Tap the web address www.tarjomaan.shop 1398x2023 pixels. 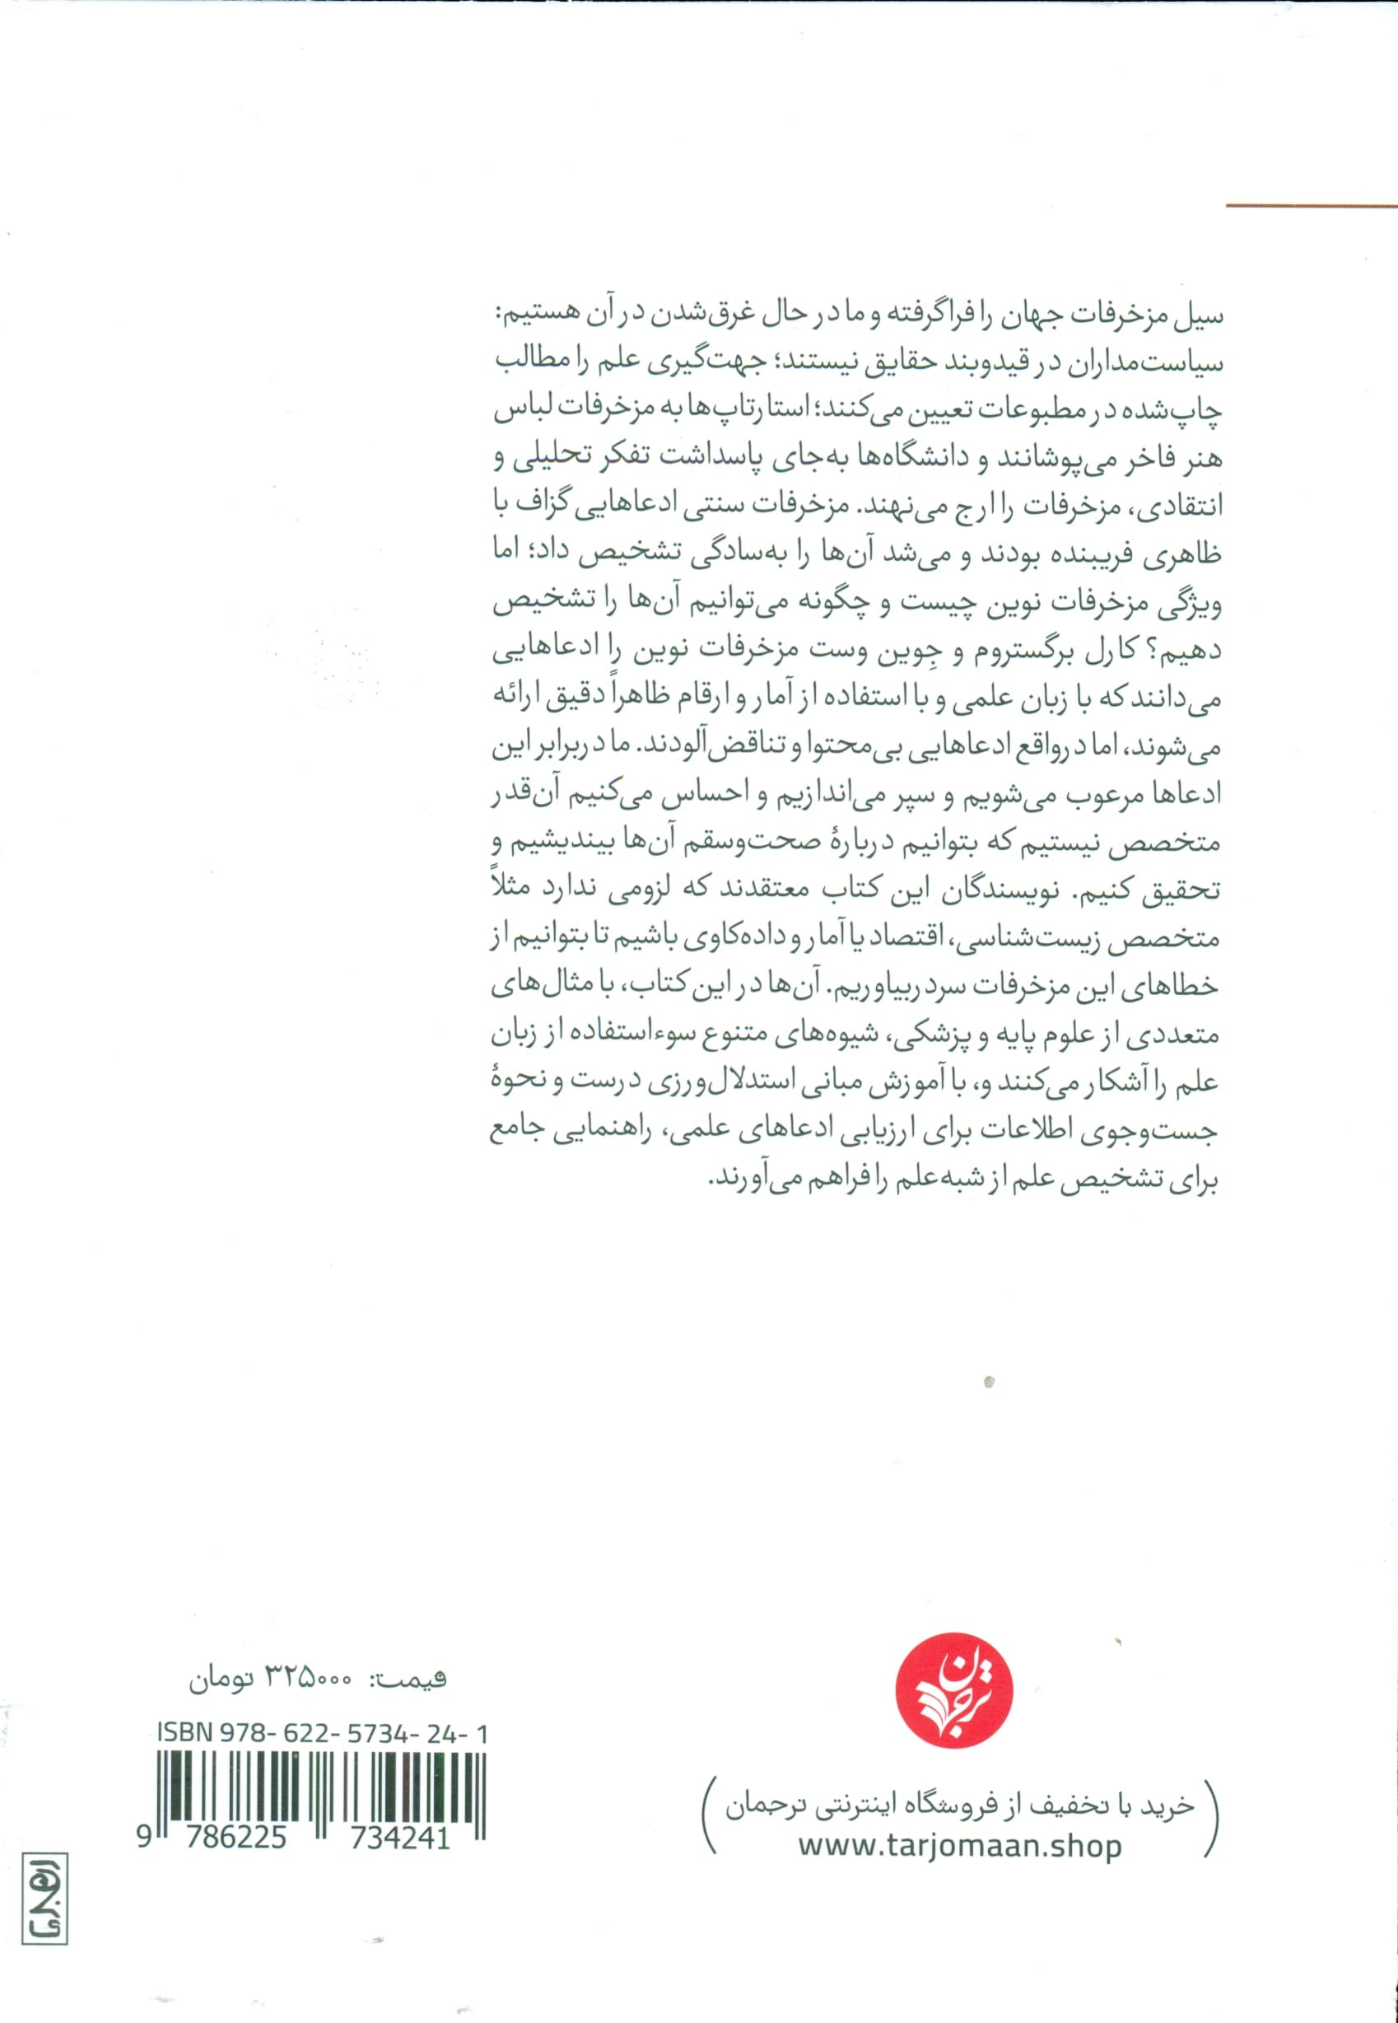point(959,1821)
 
